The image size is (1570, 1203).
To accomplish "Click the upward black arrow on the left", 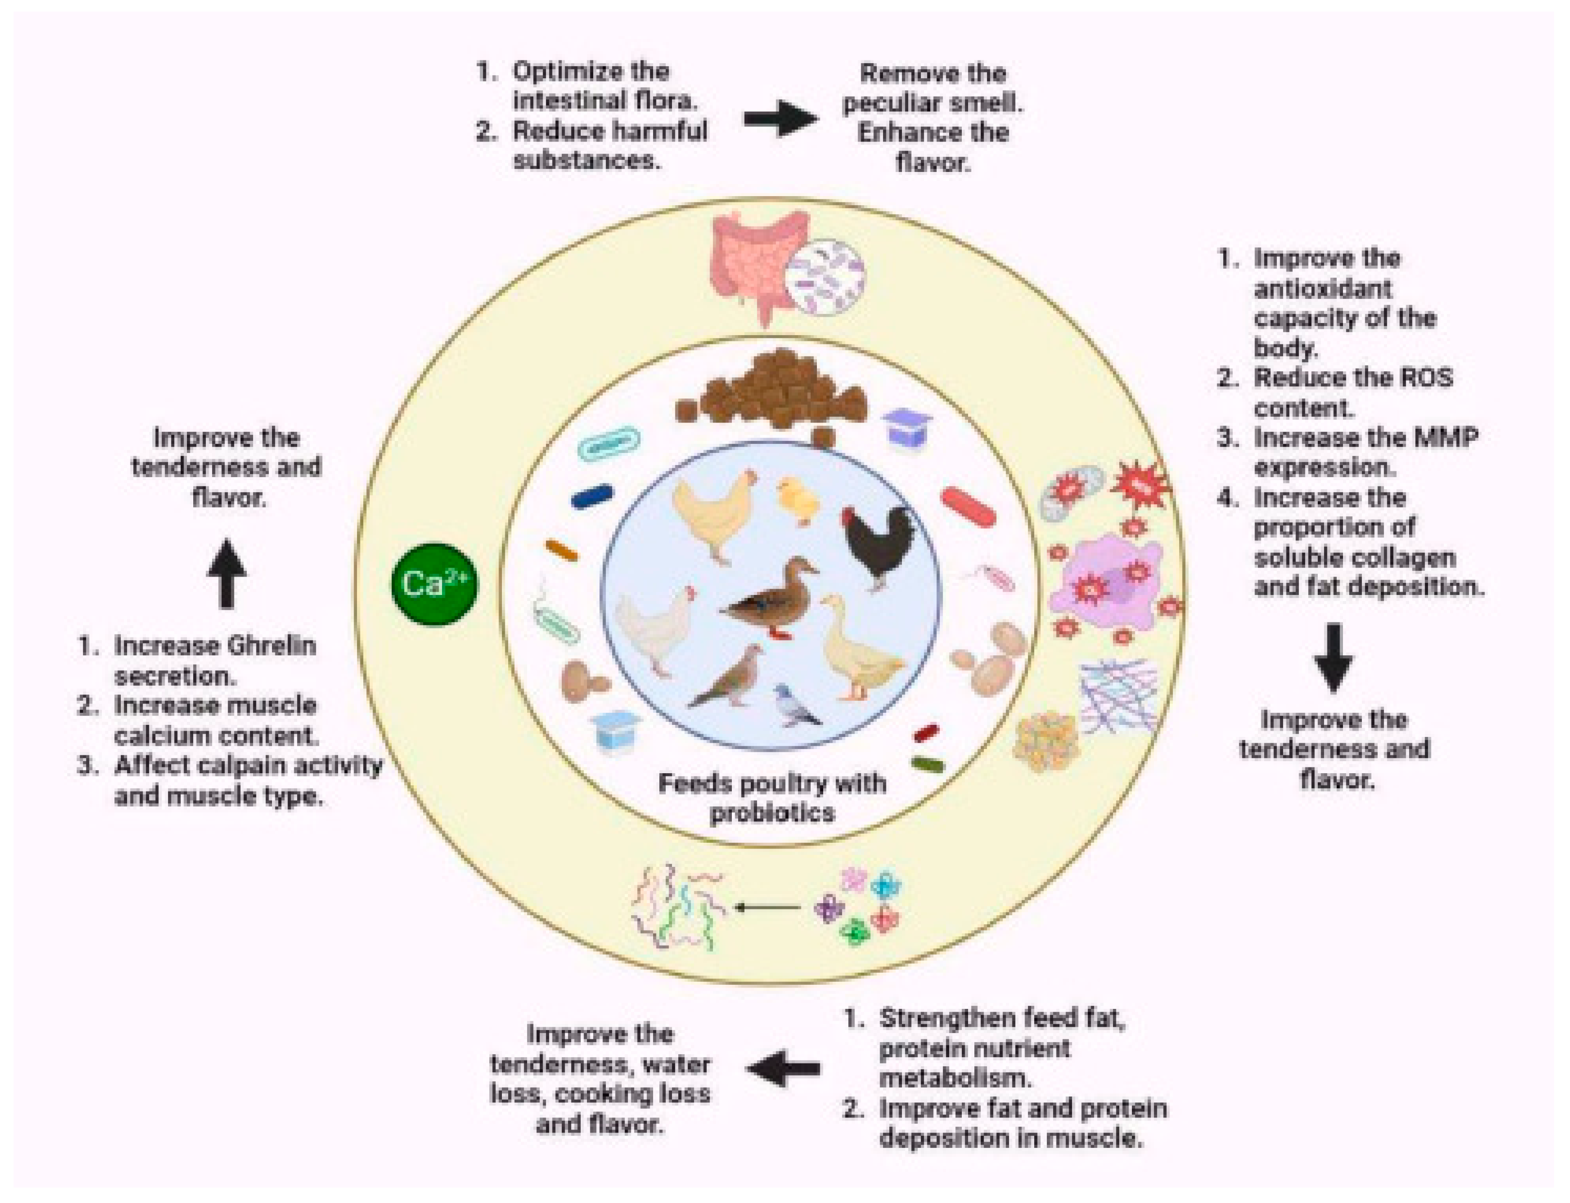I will pyautogui.click(x=227, y=573).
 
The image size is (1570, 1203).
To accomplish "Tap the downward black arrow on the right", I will pyautogui.click(x=1333, y=657).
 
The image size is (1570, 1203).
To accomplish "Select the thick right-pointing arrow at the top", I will pyautogui.click(x=781, y=118).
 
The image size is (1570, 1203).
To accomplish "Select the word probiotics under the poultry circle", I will pyautogui.click(x=772, y=813).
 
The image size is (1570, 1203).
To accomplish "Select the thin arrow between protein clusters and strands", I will pyautogui.click(x=768, y=908).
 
